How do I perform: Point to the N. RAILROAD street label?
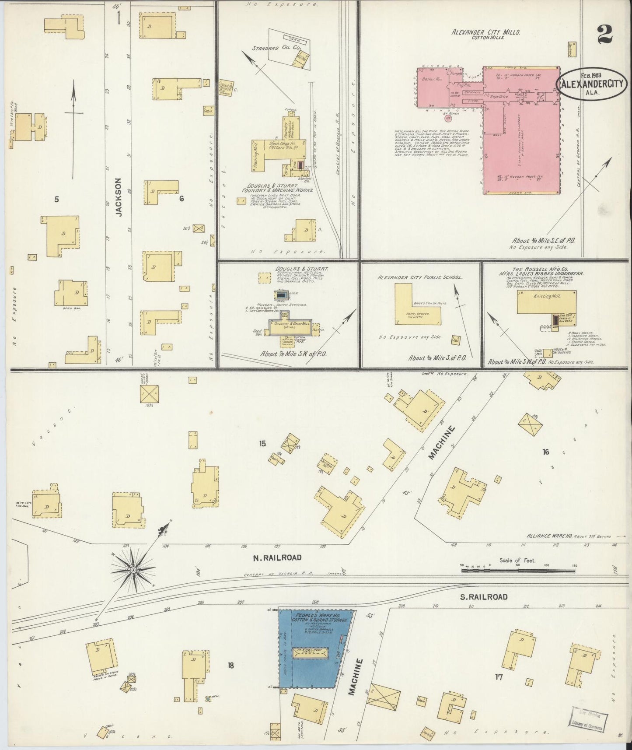tap(277, 557)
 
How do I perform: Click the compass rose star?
tap(133, 571)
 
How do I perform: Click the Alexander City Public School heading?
tap(420, 277)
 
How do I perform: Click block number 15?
tap(262, 443)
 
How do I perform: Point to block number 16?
tap(545, 452)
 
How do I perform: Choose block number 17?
tap(498, 677)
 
